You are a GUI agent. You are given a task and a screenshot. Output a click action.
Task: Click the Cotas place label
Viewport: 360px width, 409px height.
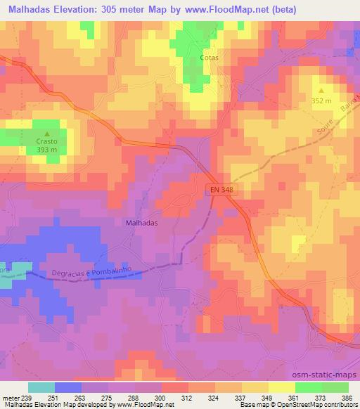click(208, 58)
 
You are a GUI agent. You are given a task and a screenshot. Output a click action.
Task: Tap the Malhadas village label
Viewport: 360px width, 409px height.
click(141, 221)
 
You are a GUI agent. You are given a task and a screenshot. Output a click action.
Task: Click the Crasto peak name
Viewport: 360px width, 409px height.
click(47, 141)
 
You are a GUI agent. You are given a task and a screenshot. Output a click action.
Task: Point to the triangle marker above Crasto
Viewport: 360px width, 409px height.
click(47, 134)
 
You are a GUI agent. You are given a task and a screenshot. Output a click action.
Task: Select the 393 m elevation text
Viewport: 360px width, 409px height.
click(47, 150)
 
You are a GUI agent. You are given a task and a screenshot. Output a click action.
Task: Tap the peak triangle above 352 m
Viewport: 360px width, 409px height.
click(321, 91)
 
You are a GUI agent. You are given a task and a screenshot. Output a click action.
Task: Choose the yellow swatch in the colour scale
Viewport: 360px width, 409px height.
click(281, 388)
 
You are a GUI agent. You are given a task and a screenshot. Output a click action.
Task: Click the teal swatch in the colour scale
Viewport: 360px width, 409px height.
click(41, 388)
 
